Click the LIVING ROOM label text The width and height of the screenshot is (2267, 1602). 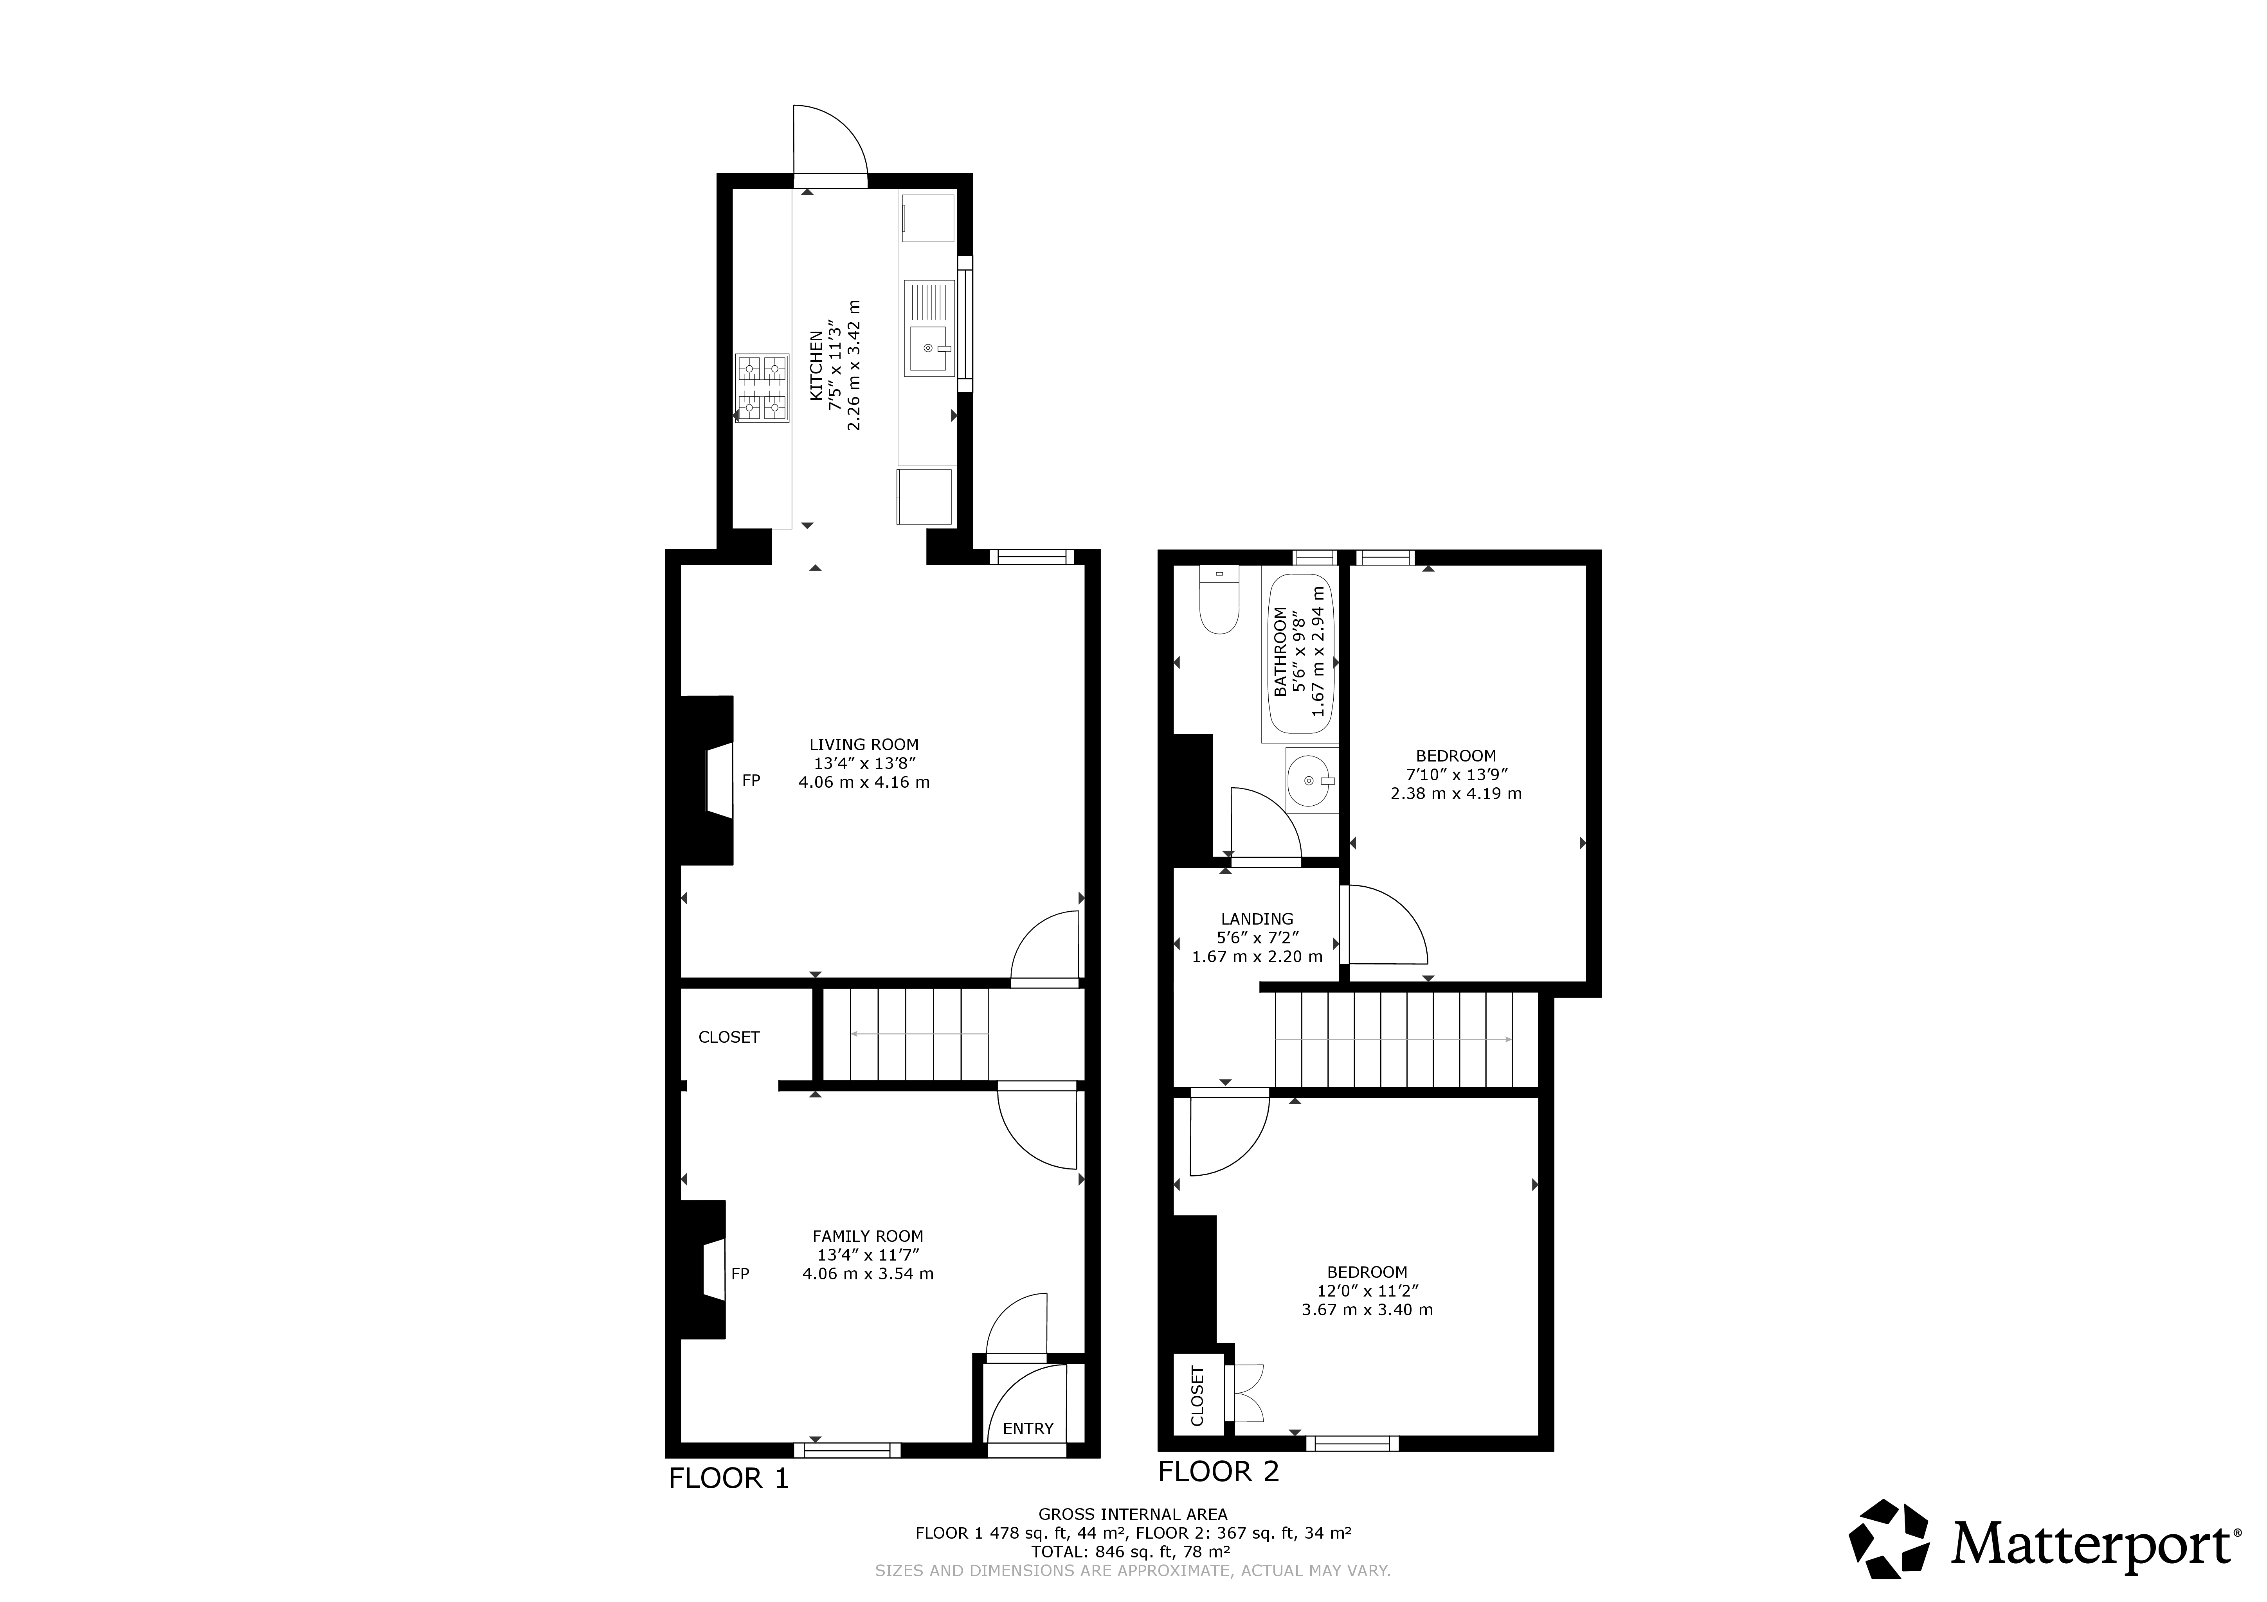(x=864, y=745)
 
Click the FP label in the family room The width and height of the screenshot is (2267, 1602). (x=740, y=1274)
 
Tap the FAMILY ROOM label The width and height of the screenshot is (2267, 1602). (x=868, y=1236)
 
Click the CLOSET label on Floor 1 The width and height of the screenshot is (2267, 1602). (x=729, y=1037)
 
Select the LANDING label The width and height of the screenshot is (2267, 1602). (x=1257, y=919)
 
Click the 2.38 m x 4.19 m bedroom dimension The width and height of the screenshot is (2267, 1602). (x=1457, y=794)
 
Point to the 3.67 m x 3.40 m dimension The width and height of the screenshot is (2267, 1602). (x=1367, y=1310)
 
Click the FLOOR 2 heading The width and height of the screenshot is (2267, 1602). (x=1218, y=1472)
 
